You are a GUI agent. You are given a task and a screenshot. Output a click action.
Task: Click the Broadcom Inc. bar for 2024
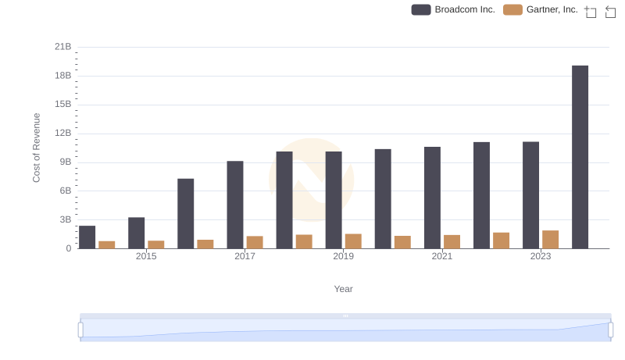pos(580,157)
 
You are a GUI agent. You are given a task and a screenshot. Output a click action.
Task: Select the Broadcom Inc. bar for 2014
pos(87,237)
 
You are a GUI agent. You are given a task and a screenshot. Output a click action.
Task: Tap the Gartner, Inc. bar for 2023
pos(550,240)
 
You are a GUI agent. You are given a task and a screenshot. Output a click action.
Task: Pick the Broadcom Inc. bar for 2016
pos(186,214)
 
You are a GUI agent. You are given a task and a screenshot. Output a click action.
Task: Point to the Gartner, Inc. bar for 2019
pos(353,241)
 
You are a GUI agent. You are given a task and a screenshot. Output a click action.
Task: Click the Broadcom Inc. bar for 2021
pos(432,198)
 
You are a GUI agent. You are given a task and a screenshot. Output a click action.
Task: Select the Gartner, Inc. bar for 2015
pos(156,244)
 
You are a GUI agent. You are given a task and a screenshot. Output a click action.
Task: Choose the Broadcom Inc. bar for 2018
pos(284,200)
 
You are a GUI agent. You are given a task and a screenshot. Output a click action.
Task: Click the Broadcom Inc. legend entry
pos(454,9)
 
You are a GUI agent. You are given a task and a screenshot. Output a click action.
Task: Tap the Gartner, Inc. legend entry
pos(541,9)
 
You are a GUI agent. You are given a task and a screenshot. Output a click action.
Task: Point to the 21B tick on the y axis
pos(62,47)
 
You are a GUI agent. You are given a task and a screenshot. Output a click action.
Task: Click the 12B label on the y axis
pos(62,134)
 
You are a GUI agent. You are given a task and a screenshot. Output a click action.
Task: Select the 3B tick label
pos(65,219)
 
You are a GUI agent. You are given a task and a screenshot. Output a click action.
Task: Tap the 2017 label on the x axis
pos(245,256)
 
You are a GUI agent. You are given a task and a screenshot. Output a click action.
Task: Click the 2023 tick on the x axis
pos(541,256)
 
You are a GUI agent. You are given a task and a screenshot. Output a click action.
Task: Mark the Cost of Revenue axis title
pos(37,148)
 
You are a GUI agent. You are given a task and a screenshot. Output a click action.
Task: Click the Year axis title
pos(344,289)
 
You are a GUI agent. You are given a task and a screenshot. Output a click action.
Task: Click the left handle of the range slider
pos(80,330)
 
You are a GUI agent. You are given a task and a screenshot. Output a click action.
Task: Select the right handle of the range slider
pos(611,330)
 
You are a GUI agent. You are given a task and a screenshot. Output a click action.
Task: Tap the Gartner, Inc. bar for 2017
pos(255,242)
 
